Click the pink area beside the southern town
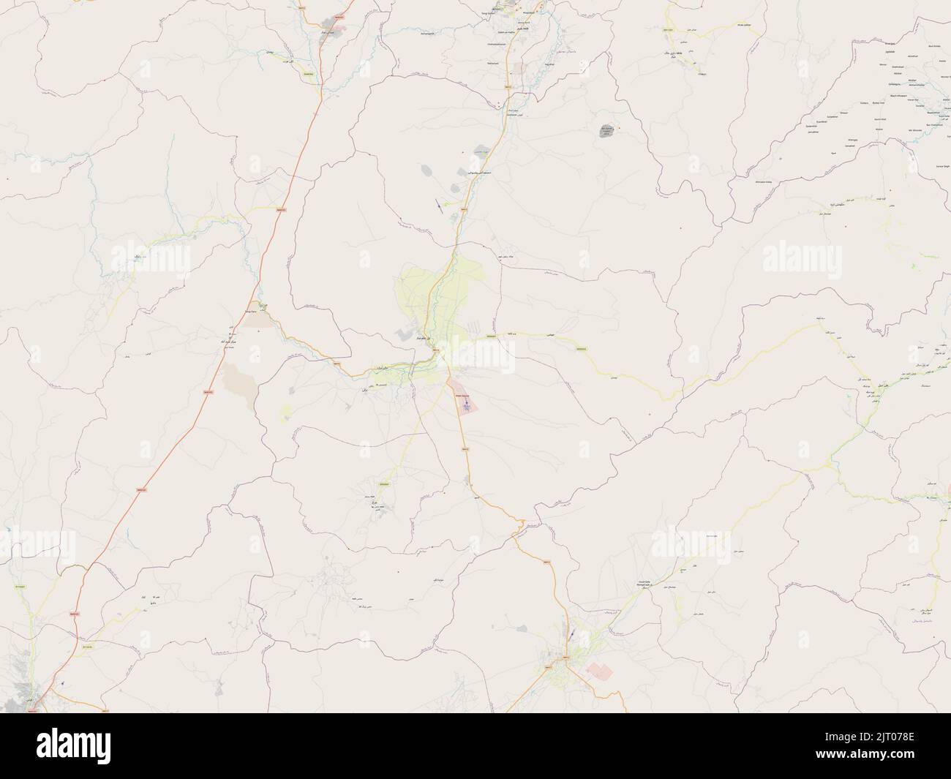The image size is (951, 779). (598, 671)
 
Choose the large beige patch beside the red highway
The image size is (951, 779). (237, 380)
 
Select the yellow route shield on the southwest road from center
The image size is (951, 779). (384, 483)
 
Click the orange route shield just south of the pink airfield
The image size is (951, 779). (465, 448)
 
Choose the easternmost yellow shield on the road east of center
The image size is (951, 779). (582, 349)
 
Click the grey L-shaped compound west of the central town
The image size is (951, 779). (405, 334)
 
